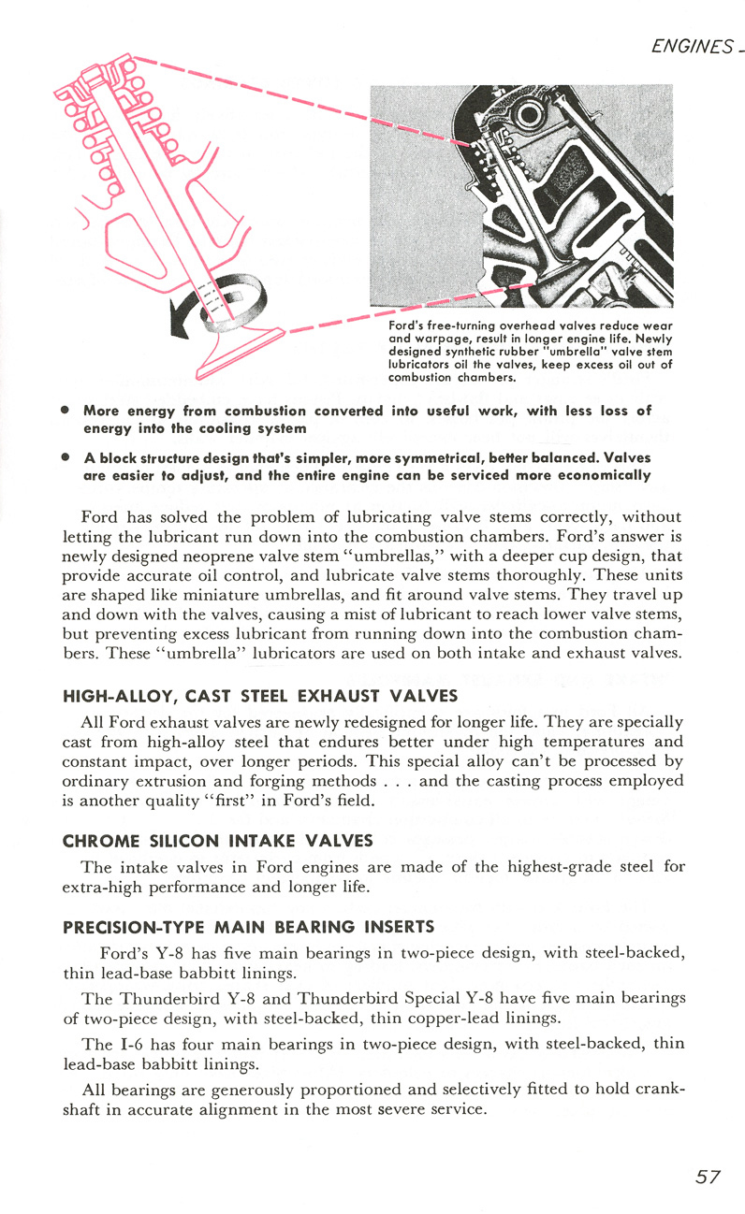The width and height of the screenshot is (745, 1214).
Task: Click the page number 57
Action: coord(708,1177)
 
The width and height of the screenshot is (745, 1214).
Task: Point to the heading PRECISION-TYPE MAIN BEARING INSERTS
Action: coord(248,928)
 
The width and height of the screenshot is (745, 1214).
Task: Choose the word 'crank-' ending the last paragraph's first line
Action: coord(661,1090)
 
